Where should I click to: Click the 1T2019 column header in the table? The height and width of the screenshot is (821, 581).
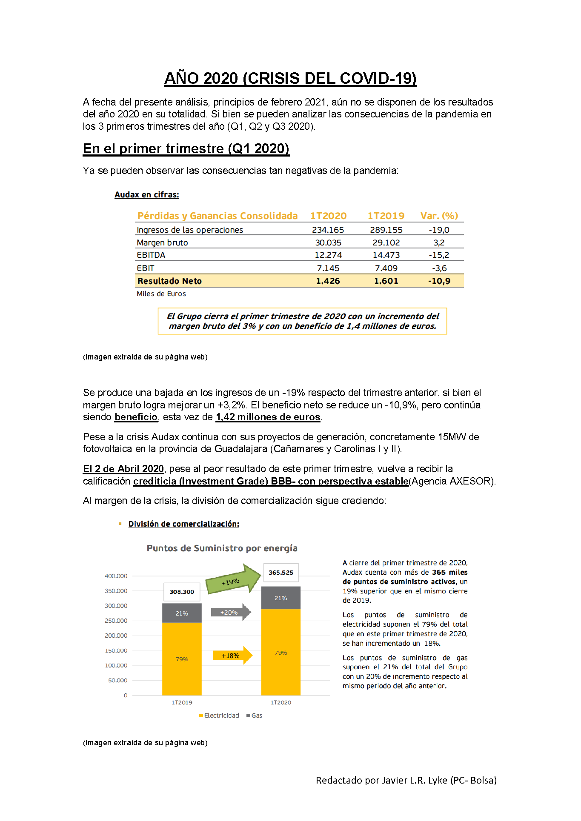coord(386,216)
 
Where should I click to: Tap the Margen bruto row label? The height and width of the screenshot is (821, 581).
coord(162,242)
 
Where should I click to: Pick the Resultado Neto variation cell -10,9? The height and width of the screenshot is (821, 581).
coord(439,281)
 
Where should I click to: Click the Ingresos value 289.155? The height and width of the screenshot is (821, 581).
coord(386,230)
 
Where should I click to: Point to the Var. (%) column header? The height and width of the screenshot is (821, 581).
coord(439,216)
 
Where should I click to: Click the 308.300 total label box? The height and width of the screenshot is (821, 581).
coord(182,592)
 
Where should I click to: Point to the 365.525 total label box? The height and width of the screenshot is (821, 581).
coord(281,573)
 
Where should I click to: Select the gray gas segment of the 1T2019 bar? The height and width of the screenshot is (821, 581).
coord(182,613)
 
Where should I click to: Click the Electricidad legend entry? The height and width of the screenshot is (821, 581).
coord(219,716)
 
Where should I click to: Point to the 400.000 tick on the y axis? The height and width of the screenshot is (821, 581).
coord(116,576)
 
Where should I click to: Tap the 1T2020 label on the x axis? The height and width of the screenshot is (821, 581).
coord(281,702)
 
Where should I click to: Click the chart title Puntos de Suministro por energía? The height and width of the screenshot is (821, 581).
coord(222,548)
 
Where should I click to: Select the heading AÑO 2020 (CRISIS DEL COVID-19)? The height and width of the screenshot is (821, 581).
coord(290,78)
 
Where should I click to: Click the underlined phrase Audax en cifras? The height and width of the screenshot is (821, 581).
coord(147,194)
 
